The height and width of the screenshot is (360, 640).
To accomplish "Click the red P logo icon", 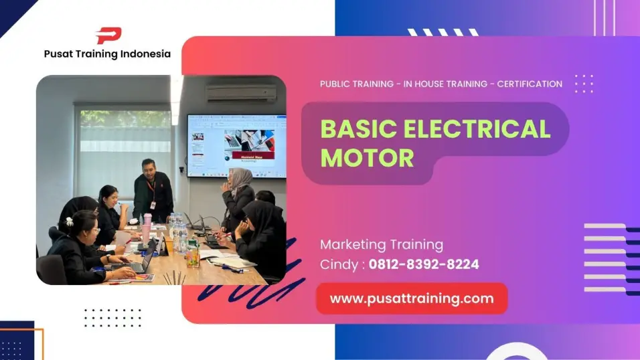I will [108, 35].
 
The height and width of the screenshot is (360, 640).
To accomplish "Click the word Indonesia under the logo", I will [145, 54].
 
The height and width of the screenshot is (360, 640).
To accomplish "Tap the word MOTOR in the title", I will [367, 158].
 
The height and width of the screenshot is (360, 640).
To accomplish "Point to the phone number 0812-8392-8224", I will [424, 264].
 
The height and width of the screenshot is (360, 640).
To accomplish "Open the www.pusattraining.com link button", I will [412, 298].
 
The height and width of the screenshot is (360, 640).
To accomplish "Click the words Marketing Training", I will [381, 244].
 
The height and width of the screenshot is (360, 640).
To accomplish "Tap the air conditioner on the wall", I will [241, 93].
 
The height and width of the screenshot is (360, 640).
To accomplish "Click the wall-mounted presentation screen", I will [236, 145].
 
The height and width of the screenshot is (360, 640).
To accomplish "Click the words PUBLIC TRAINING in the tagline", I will [357, 84].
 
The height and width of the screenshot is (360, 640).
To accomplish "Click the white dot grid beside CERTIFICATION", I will [584, 84].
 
